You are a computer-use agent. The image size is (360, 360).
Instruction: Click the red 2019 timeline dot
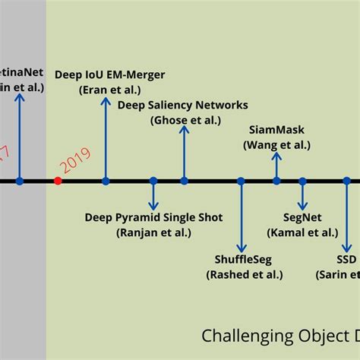click(x=58, y=181)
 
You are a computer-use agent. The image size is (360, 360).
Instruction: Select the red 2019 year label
click(x=74, y=161)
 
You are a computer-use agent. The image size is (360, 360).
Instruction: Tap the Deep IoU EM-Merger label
click(x=120, y=74)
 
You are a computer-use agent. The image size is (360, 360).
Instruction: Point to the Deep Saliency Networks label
click(x=183, y=105)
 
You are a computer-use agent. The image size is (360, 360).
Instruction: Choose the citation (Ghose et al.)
click(x=183, y=119)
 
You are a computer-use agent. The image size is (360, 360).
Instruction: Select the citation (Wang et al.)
click(x=276, y=144)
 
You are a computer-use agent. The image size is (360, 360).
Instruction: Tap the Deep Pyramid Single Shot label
click(x=153, y=218)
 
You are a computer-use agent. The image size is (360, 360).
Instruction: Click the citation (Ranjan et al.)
click(x=153, y=232)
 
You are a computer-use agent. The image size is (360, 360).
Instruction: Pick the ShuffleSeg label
click(x=241, y=260)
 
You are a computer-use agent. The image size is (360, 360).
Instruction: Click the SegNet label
click(x=302, y=218)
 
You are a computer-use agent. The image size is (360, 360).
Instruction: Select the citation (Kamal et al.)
click(x=302, y=232)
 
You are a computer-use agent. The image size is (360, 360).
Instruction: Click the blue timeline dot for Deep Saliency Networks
click(x=184, y=181)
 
